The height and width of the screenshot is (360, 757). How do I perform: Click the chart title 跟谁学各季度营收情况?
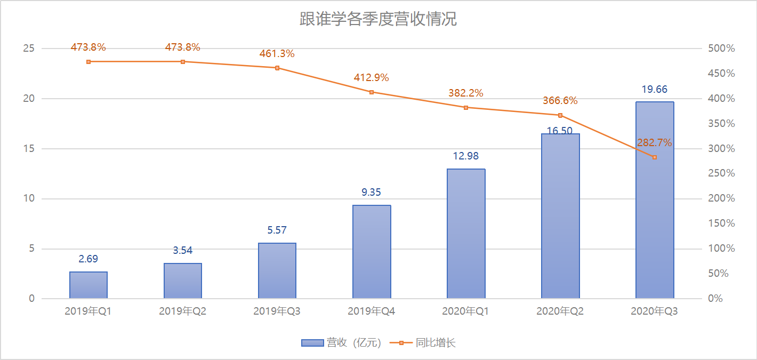pyautogui.click(x=378, y=20)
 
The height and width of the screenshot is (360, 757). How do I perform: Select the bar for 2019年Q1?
pyautogui.click(x=88, y=285)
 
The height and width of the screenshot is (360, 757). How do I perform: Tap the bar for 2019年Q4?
pyautogui.click(x=372, y=252)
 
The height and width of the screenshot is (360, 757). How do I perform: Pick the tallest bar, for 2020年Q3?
pyautogui.click(x=655, y=200)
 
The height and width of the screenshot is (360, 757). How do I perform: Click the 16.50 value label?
pyautogui.click(x=560, y=131)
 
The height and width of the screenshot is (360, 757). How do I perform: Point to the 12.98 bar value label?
pyautogui.click(x=465, y=156)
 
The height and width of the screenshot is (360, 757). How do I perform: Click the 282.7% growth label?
pyautogui.click(x=654, y=143)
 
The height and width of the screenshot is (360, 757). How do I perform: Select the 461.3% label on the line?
pyautogui.click(x=277, y=54)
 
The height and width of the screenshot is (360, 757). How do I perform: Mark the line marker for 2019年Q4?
pyautogui.click(x=372, y=92)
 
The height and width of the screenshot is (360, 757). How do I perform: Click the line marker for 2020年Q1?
pyautogui.click(x=466, y=108)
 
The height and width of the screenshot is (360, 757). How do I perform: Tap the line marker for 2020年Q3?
pyautogui.click(x=655, y=157)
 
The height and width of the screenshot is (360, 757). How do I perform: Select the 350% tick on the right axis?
pyautogui.click(x=721, y=124)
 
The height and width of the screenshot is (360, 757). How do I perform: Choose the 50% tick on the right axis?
pyautogui.click(x=719, y=274)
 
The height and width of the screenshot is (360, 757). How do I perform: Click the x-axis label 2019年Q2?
pyautogui.click(x=182, y=311)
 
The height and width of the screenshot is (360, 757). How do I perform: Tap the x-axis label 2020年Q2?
pyautogui.click(x=560, y=311)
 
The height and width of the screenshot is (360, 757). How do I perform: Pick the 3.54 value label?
pyautogui.click(x=182, y=251)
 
